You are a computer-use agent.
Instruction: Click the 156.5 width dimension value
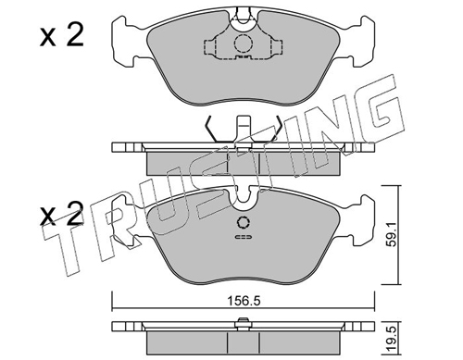point(244,301)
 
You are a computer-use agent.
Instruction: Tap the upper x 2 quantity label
point(62,36)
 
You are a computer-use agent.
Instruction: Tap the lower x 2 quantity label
point(62,213)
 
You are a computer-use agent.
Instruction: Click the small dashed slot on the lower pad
point(244,237)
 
